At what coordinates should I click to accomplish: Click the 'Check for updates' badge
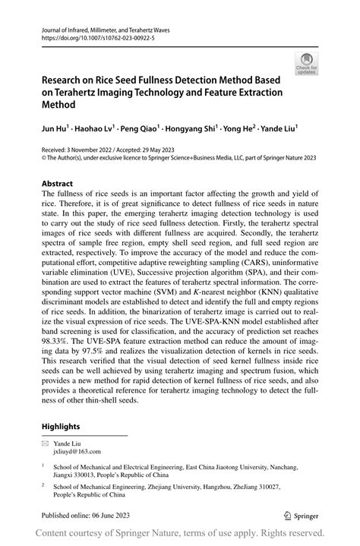point(308,62)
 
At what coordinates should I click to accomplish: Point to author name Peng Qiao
point(141,130)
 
